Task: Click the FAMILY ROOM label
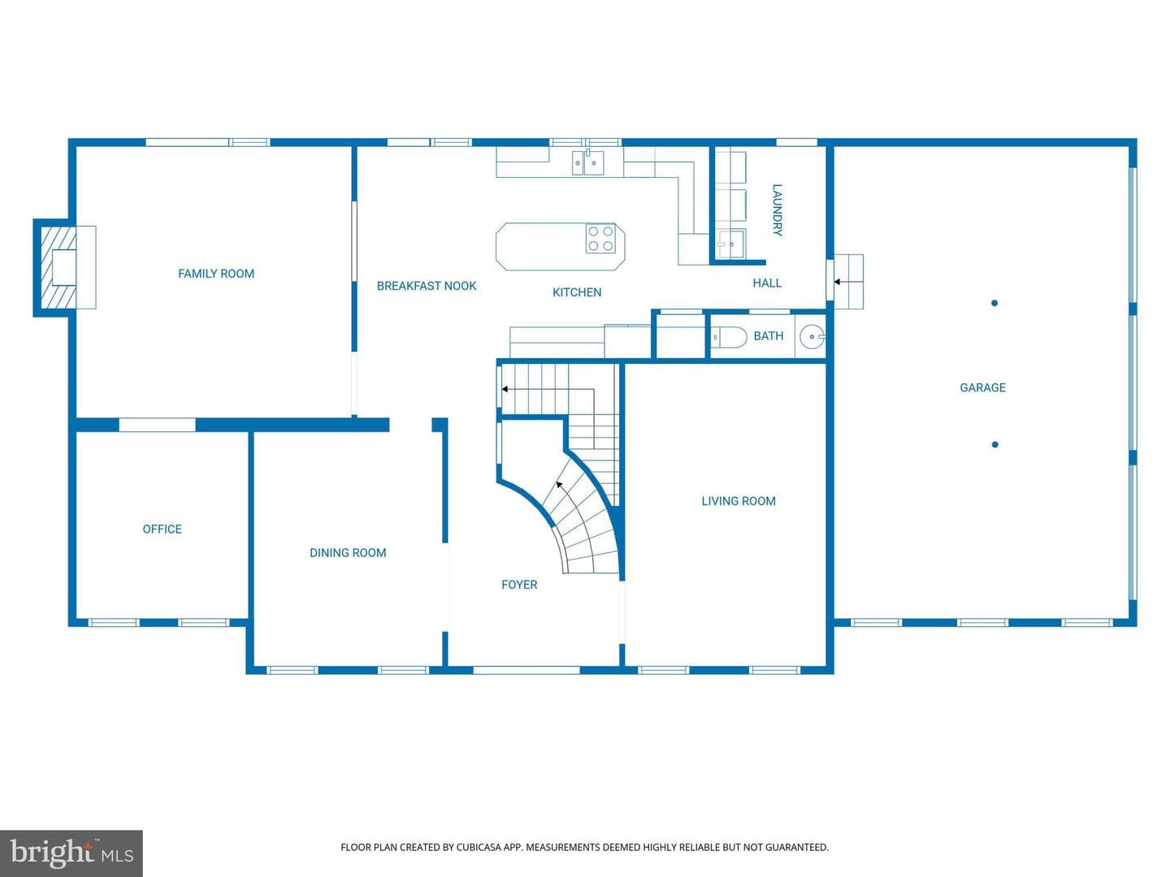[x=216, y=274]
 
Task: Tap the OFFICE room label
[x=162, y=529]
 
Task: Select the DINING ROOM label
[x=348, y=553]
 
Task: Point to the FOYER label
[x=519, y=585]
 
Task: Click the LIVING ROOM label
[x=739, y=501]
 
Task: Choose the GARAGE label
[x=983, y=387]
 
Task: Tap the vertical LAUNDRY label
[x=778, y=210]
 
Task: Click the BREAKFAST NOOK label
[x=427, y=286]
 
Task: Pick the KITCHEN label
[x=577, y=292]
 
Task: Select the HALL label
[x=767, y=283]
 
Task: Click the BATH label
[x=768, y=336]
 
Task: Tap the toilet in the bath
[x=729, y=337]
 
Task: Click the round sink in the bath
[x=812, y=336]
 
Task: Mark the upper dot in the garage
[x=994, y=303]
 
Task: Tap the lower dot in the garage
[x=994, y=445]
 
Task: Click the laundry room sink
[x=730, y=244]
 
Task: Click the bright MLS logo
[x=71, y=853]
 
